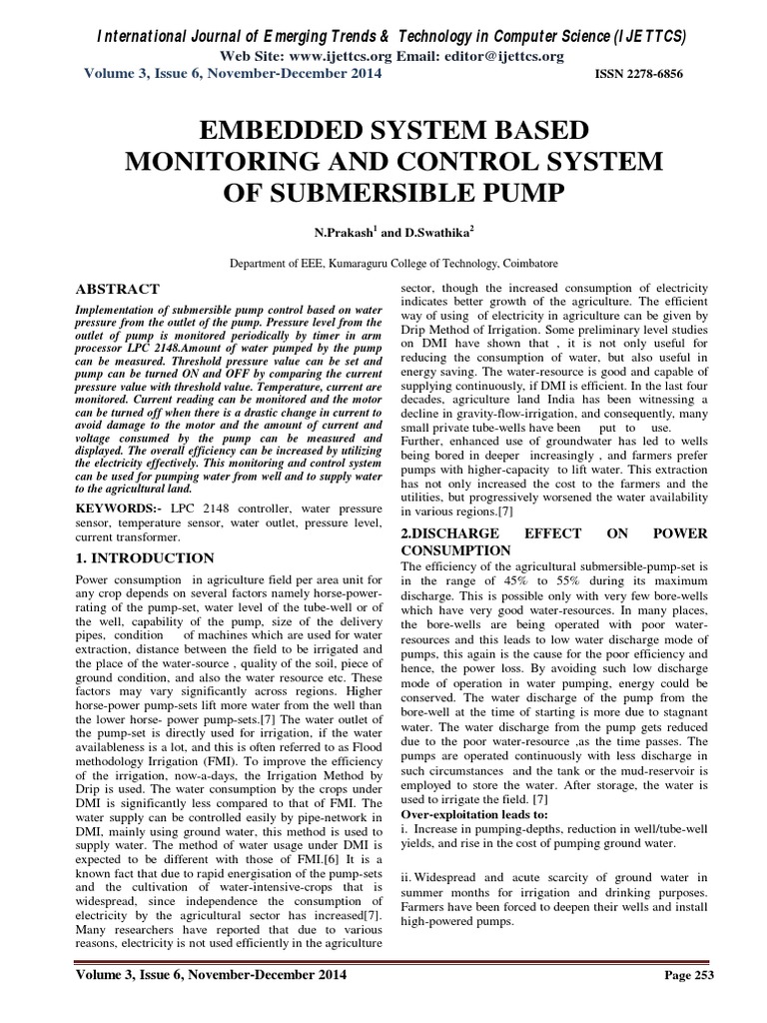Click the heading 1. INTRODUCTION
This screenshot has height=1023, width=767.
coord(145,557)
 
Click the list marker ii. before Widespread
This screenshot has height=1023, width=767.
coord(407,877)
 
